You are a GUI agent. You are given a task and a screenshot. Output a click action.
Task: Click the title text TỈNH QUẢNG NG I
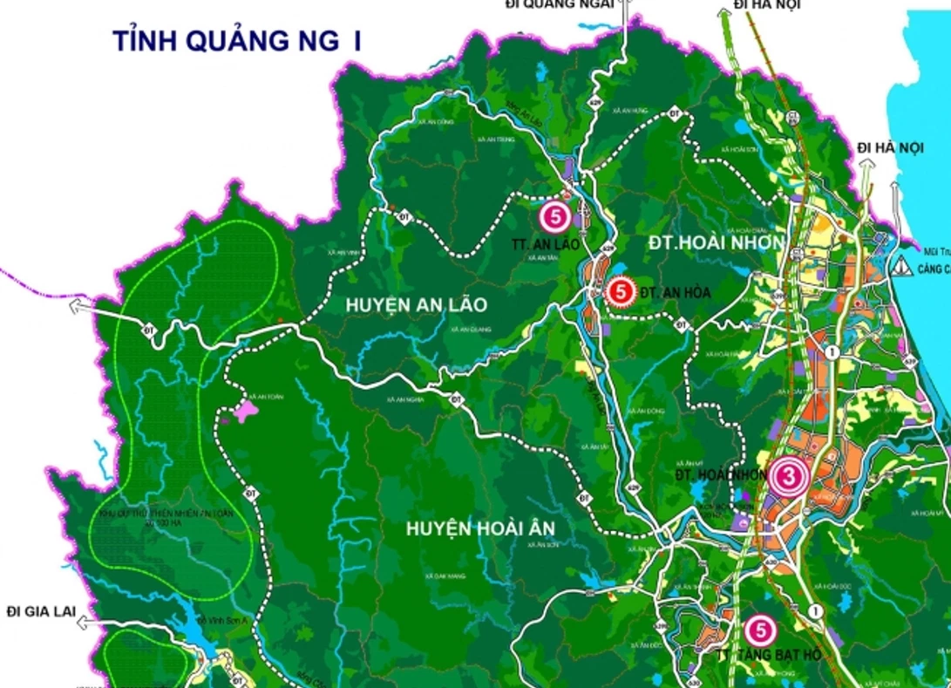click(236, 41)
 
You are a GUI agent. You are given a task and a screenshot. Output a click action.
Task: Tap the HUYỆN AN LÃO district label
click(416, 304)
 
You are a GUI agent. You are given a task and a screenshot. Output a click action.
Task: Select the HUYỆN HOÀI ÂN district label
click(479, 528)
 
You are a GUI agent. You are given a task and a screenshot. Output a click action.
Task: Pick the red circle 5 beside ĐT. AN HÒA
click(621, 292)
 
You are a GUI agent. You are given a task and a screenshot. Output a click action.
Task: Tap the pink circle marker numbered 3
click(788, 476)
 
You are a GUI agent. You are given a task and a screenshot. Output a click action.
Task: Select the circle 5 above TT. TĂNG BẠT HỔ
click(760, 629)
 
